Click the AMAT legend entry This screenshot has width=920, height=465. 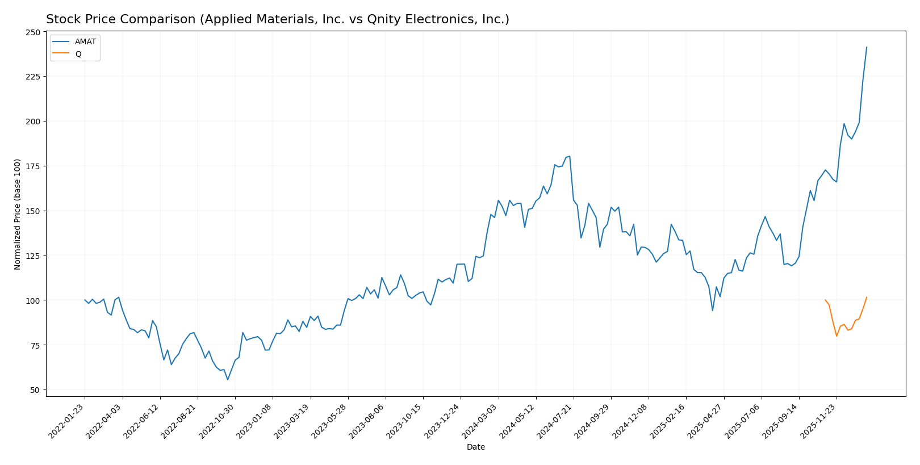[x=85, y=42]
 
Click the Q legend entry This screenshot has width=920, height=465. [x=78, y=54]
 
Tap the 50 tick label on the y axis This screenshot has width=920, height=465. [x=35, y=390]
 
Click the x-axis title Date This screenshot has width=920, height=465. [x=475, y=447]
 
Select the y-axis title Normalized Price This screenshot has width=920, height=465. [x=18, y=214]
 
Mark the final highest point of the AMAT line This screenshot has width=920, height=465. [x=867, y=47]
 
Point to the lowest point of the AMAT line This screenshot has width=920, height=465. [x=228, y=380]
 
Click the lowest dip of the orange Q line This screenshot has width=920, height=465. [x=837, y=336]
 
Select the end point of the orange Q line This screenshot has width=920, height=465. [x=867, y=297]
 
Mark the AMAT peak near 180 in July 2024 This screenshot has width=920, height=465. [x=570, y=156]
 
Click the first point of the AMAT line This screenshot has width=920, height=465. [x=85, y=300]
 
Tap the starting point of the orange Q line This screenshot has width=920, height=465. [x=825, y=300]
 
